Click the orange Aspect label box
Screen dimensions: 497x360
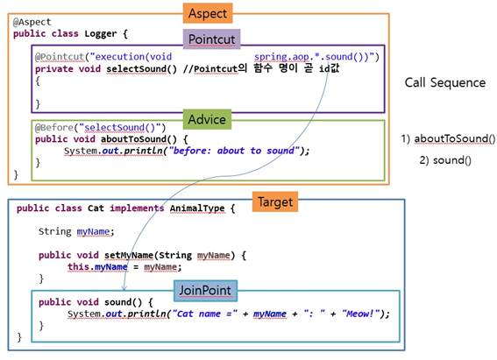[x=208, y=13]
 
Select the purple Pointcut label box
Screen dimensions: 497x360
[x=211, y=39]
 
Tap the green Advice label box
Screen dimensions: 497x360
[x=207, y=119]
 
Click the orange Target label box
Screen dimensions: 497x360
[x=275, y=201]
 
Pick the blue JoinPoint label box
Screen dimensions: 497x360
[x=205, y=290]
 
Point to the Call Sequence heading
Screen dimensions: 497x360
[x=445, y=83]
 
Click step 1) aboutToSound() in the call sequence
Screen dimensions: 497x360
[x=448, y=138]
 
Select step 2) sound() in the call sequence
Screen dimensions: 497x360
[x=445, y=160]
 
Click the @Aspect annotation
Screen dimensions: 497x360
[x=32, y=22]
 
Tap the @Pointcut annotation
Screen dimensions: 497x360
[x=60, y=57]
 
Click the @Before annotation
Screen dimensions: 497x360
[x=54, y=127]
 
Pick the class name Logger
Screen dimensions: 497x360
[x=101, y=33]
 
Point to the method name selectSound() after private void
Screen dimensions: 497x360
[x=141, y=68]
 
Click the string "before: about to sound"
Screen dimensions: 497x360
[x=234, y=151]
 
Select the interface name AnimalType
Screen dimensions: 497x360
[x=197, y=208]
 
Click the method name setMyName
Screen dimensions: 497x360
[x=129, y=255]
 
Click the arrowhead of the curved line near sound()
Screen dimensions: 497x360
[x=124, y=288]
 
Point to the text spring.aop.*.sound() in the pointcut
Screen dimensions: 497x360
[x=311, y=57]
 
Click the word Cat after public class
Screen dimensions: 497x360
[x=96, y=208]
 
